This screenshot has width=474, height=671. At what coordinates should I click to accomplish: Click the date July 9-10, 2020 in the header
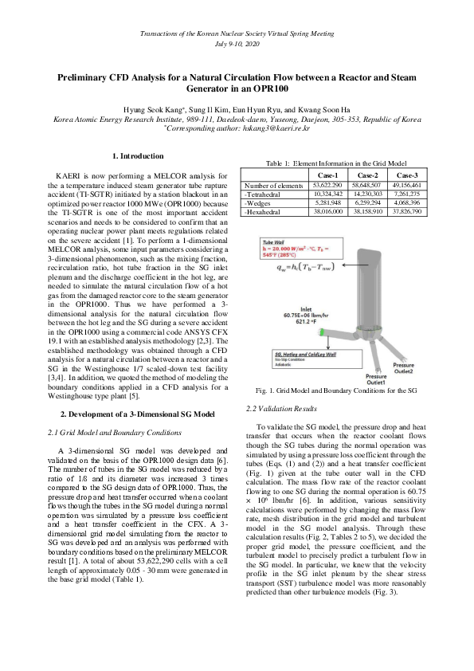237,44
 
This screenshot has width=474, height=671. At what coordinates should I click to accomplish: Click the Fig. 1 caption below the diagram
335,391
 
